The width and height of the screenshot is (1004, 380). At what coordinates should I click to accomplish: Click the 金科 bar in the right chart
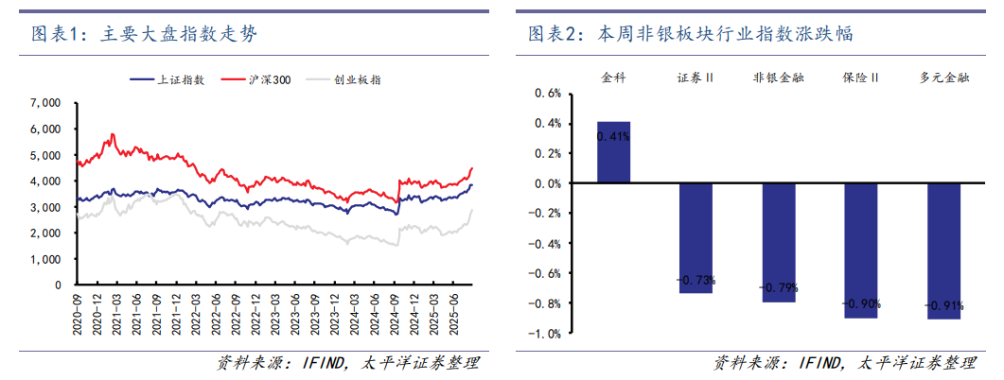pos(613,152)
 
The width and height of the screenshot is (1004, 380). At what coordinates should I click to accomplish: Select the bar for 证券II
pos(696,238)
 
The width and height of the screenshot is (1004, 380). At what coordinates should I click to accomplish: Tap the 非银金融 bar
pos(778,243)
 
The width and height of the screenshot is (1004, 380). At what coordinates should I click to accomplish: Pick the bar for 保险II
pos(860,250)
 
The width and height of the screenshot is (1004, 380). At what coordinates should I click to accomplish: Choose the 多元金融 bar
pos(943,251)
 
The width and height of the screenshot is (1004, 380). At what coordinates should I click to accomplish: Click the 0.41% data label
pos(613,137)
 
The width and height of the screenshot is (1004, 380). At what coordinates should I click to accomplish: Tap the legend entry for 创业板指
pos(351,80)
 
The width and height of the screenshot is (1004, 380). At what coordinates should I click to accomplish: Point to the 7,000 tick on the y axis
pos(45,102)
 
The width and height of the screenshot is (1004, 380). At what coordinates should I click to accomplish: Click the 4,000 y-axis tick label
pos(45,181)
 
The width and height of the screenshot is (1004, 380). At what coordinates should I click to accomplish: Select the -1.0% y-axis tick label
pos(546,334)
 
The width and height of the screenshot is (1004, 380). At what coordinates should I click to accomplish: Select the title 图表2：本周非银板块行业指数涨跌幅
pos(690,35)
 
